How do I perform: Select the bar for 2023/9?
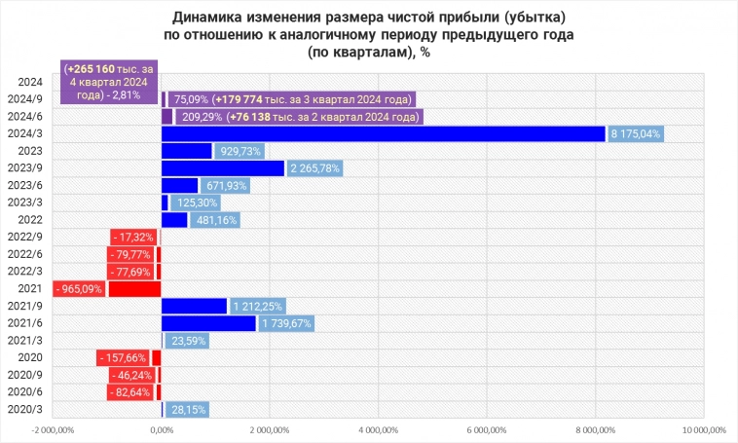(x=223, y=168)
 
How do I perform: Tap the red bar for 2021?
(x=134, y=289)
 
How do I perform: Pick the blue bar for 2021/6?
(x=208, y=323)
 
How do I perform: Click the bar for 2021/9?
(x=194, y=306)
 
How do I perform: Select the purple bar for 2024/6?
(x=166, y=117)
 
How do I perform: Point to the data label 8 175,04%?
(x=635, y=133)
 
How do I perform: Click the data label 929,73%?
(x=240, y=151)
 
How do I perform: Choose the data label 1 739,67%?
(x=287, y=323)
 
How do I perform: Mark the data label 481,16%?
(x=214, y=220)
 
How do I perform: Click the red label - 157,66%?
(x=123, y=357)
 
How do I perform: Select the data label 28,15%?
(x=187, y=410)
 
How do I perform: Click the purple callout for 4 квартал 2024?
(x=108, y=83)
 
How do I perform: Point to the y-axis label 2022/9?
(x=25, y=237)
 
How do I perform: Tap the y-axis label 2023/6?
(x=25, y=185)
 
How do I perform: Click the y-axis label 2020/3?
(x=25, y=410)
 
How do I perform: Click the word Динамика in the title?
(x=210, y=17)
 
